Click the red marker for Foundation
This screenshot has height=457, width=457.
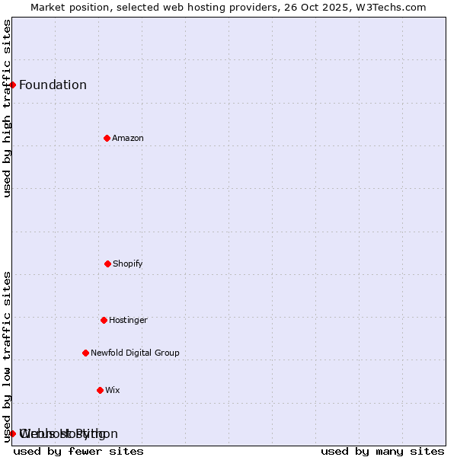coord(13,85)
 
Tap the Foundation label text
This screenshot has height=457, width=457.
coord(53,85)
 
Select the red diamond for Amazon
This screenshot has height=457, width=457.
coord(107,138)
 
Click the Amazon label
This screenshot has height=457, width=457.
coord(128,138)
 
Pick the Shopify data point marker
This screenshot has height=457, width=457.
coord(107,264)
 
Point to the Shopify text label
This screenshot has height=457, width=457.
coord(128,264)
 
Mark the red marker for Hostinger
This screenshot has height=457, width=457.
coord(104,320)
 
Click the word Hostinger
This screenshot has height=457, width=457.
coord(128,320)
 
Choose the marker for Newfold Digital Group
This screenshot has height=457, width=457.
coord(85,353)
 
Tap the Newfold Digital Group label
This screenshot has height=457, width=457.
coord(135,353)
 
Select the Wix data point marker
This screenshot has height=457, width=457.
coord(100,390)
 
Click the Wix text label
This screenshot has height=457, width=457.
coord(113,390)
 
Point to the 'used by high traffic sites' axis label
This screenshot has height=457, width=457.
coord(7,108)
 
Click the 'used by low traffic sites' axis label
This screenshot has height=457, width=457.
coord(7,356)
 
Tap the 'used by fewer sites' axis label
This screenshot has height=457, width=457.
coord(78,451)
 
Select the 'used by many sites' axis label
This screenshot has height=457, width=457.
coord(382,451)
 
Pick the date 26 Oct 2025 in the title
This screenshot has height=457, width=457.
coord(320,7)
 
